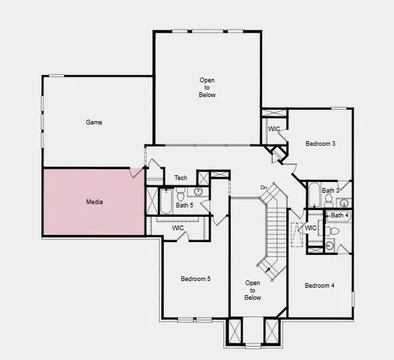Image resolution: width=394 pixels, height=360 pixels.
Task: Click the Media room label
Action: (x=94, y=202)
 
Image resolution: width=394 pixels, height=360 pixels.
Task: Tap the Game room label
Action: (x=94, y=122)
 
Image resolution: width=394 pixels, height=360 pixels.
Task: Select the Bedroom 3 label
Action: (x=320, y=144)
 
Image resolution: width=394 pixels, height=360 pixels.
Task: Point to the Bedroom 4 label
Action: (x=319, y=285)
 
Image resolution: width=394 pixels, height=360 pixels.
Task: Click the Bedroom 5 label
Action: (x=195, y=279)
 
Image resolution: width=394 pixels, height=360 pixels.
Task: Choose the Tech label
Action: (x=181, y=178)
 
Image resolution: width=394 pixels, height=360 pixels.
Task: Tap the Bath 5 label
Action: (x=185, y=205)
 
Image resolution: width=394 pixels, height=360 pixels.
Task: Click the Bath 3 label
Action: (x=330, y=191)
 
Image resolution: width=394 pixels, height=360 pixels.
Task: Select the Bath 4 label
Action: (x=339, y=215)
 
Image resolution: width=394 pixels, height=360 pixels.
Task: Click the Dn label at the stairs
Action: (x=264, y=187)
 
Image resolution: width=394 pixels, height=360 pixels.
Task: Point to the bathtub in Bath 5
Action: (x=166, y=201)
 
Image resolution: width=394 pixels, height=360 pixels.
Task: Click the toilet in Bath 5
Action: (x=181, y=194)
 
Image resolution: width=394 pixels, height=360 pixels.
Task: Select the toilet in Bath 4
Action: (x=332, y=231)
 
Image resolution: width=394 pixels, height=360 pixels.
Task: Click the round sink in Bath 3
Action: (x=344, y=203)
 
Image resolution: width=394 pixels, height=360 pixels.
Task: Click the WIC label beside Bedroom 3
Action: (x=274, y=129)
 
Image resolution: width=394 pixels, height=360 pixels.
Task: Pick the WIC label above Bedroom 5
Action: (x=178, y=228)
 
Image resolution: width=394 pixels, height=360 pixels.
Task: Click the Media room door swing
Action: (x=136, y=173)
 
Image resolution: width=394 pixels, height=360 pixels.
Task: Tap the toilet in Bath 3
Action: (x=328, y=201)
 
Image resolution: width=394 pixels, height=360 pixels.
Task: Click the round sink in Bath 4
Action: (x=329, y=245)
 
